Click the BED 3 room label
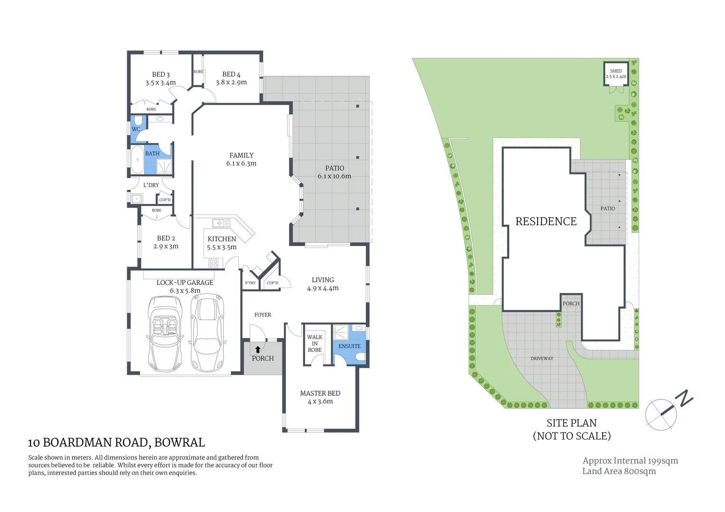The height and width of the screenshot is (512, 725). click(x=161, y=74)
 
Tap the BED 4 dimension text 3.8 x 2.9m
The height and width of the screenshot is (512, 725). click(x=231, y=82)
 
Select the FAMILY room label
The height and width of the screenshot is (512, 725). click(x=241, y=155)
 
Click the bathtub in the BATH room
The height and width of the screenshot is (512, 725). click(x=137, y=160)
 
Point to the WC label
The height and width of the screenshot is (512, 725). click(x=136, y=129)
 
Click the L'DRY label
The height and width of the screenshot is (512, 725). click(x=151, y=185)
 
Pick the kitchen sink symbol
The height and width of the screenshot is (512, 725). click(x=221, y=222)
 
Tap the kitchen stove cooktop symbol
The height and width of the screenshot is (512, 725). click(x=213, y=263)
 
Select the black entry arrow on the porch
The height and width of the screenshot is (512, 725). click(x=258, y=350)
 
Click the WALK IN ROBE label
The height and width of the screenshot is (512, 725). click(x=314, y=344)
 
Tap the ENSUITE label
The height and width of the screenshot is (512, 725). click(x=349, y=346)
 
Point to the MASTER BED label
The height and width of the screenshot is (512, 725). click(x=320, y=393)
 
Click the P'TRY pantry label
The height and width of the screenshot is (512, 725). click(x=250, y=283)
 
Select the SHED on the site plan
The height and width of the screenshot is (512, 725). click(x=615, y=73)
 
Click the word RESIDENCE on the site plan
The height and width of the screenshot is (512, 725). click(x=546, y=221)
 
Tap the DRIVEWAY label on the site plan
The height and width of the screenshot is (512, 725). click(x=541, y=358)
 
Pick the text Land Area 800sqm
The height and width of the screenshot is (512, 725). click(x=619, y=471)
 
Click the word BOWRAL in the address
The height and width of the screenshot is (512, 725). click(x=180, y=443)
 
